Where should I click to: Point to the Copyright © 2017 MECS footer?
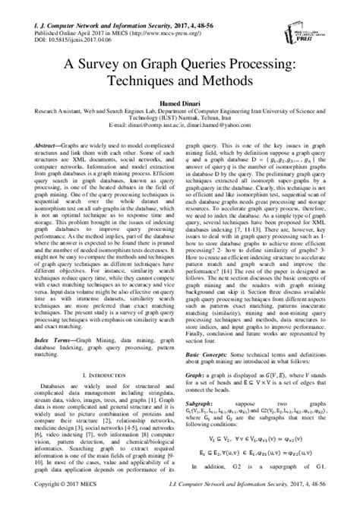click(x=48, y=503)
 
